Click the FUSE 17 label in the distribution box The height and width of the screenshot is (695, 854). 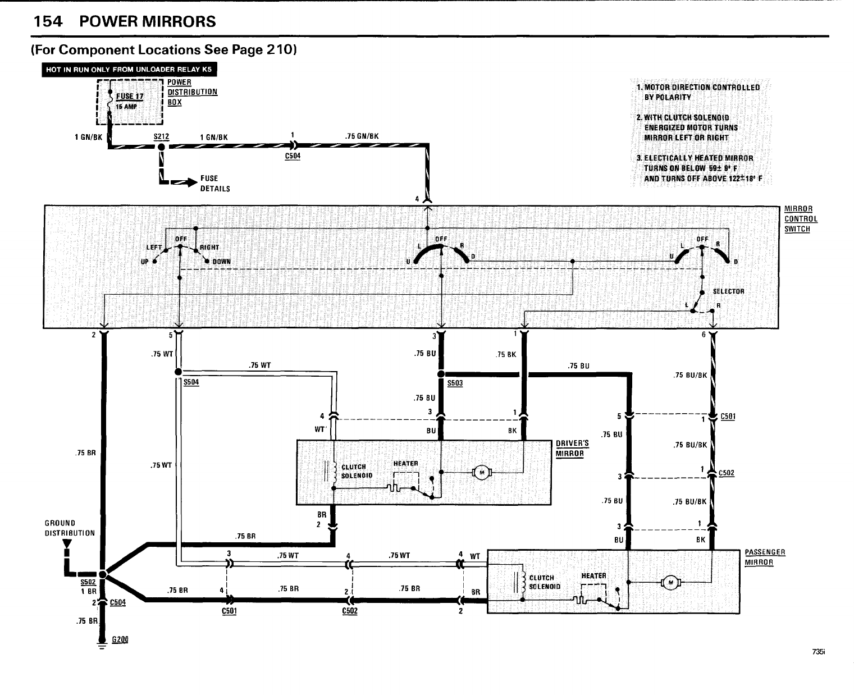[130, 96]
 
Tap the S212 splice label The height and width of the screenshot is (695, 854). [161, 136]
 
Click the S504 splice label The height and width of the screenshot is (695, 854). [191, 382]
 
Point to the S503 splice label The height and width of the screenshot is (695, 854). [455, 383]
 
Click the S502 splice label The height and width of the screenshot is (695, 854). [88, 583]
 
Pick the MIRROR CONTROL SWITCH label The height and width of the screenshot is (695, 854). [801, 219]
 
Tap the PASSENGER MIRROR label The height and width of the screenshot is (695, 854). [765, 557]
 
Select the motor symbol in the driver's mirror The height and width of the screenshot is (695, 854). [481, 473]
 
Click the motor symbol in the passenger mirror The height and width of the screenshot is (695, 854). [669, 582]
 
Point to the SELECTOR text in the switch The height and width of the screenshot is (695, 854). [728, 291]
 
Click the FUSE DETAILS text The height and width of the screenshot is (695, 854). [215, 184]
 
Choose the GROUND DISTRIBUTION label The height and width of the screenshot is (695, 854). [70, 528]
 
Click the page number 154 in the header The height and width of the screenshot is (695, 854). [48, 21]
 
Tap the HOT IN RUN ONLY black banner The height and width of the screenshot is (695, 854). [129, 70]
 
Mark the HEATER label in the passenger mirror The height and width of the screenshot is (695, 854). [593, 575]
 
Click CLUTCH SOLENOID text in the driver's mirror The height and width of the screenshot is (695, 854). [354, 472]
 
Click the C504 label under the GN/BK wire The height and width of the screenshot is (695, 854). [293, 156]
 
